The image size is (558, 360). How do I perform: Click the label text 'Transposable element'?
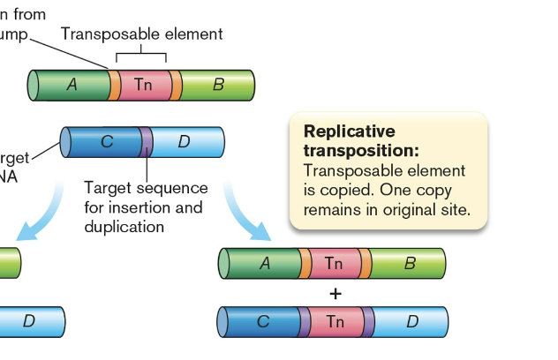141,34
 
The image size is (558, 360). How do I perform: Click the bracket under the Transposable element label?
141,55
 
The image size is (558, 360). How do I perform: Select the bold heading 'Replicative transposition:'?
361,140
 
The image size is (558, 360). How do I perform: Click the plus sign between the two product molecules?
335,294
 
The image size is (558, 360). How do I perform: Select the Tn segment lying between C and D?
335,322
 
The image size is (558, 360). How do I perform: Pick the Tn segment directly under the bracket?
143,85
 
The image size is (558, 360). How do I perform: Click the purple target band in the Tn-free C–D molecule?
147,142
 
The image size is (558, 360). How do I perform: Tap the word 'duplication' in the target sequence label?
124,227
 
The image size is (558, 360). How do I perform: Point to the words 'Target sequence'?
146,188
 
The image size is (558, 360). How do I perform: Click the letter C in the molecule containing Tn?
262,322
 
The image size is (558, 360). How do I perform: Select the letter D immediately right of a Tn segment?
411,322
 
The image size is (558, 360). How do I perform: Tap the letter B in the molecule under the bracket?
218,85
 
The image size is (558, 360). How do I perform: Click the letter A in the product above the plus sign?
264,263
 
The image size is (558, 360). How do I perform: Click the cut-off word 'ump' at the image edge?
15,34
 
